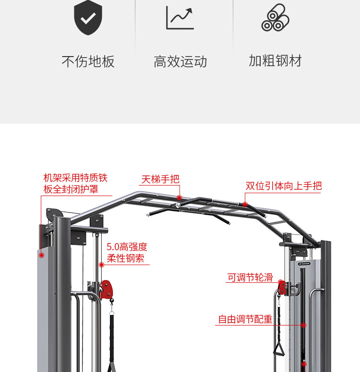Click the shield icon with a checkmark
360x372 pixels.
click(x=88, y=18)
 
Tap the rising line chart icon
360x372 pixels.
click(x=180, y=18)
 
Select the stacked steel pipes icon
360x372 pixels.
click(x=275, y=18)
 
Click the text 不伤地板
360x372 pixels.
click(x=88, y=61)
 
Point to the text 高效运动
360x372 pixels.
click(x=180, y=61)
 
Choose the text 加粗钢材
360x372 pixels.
click(x=275, y=61)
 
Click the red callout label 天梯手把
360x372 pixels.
click(x=160, y=179)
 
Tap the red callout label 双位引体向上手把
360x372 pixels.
click(x=283, y=186)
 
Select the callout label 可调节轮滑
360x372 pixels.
click(x=250, y=278)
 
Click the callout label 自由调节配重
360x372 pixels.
click(x=245, y=319)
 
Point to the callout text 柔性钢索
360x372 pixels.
click(x=125, y=258)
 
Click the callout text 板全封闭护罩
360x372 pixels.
click(x=71, y=189)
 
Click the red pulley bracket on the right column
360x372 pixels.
click(x=282, y=287)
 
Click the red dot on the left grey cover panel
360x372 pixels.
click(x=42, y=255)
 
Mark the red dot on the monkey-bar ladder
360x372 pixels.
click(x=179, y=198)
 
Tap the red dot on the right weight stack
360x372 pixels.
click(x=303, y=325)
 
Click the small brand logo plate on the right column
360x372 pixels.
click(x=304, y=263)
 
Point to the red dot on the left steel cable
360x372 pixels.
click(x=101, y=265)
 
